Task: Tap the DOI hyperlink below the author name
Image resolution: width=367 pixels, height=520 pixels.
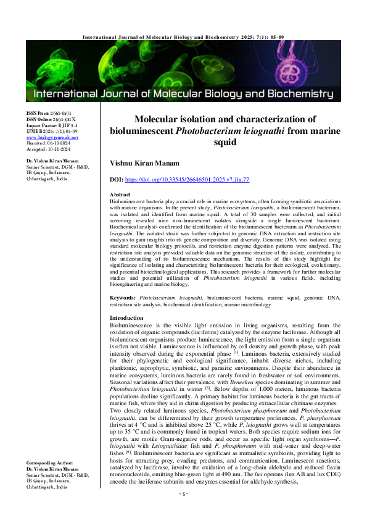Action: pyautogui.click(x=192, y=179)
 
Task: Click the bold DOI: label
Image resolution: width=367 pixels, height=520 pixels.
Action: pyautogui.click(x=117, y=179)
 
